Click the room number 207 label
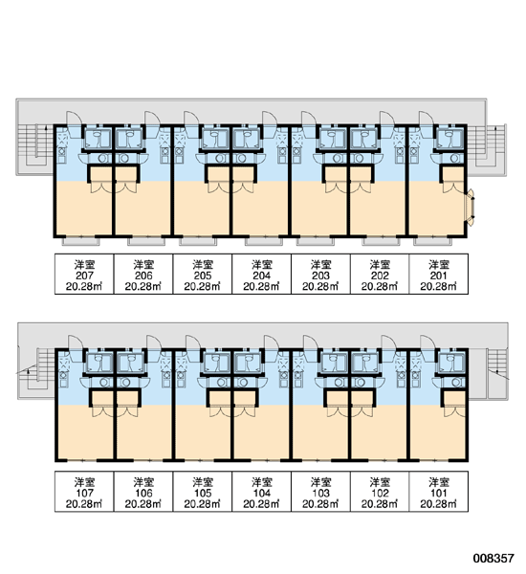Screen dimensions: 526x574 point(84,276)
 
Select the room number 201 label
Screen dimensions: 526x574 point(439,276)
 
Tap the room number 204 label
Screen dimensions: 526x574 point(262,276)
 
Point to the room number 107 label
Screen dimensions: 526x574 point(84,493)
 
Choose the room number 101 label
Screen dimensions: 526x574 point(439,493)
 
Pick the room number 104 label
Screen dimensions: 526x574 point(262,493)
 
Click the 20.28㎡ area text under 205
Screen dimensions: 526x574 point(203,286)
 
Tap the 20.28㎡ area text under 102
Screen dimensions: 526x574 point(380,504)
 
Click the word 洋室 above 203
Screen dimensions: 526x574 point(320,264)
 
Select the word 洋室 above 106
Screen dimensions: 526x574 point(143,482)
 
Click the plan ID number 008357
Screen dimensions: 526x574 point(493,558)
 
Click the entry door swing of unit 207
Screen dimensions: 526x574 point(73,122)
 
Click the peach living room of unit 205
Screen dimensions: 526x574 point(203,208)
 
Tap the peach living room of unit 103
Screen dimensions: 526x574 point(321,432)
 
